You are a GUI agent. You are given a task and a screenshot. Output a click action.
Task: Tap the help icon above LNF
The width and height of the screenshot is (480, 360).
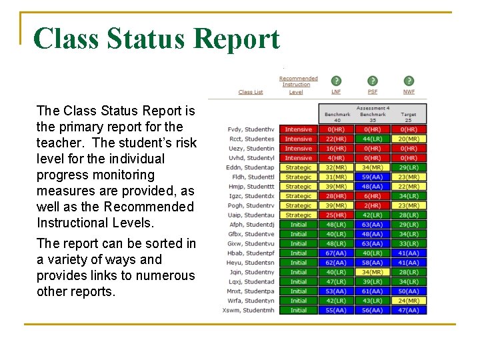336,81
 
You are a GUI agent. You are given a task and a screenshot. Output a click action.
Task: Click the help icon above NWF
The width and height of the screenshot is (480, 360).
408,81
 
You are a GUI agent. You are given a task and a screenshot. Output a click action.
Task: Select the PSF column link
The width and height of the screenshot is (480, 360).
372,92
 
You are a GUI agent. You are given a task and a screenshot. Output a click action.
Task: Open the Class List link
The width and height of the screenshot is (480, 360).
251,92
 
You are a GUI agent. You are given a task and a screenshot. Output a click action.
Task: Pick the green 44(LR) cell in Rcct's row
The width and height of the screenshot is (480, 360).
372,139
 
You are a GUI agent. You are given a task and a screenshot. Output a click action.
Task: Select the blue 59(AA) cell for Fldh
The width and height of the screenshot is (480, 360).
372,177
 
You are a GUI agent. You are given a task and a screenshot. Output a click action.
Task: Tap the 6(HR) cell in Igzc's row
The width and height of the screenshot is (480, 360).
372,196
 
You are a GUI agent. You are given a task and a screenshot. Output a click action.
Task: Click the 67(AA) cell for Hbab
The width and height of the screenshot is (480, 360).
336,253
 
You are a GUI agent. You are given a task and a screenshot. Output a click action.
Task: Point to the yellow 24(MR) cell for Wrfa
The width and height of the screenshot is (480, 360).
408,301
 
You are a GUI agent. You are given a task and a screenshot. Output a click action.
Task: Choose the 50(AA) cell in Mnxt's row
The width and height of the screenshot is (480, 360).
408,291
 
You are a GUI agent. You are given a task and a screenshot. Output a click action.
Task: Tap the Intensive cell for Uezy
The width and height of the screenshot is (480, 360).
298,149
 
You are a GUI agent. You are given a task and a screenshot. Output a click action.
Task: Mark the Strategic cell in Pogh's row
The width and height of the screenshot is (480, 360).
298,206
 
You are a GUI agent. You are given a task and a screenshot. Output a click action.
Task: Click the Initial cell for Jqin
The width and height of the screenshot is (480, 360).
298,272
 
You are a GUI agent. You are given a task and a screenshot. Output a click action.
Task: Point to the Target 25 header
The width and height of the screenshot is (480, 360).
408,117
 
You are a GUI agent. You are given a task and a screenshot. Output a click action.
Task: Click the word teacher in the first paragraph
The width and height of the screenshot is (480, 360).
59,143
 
